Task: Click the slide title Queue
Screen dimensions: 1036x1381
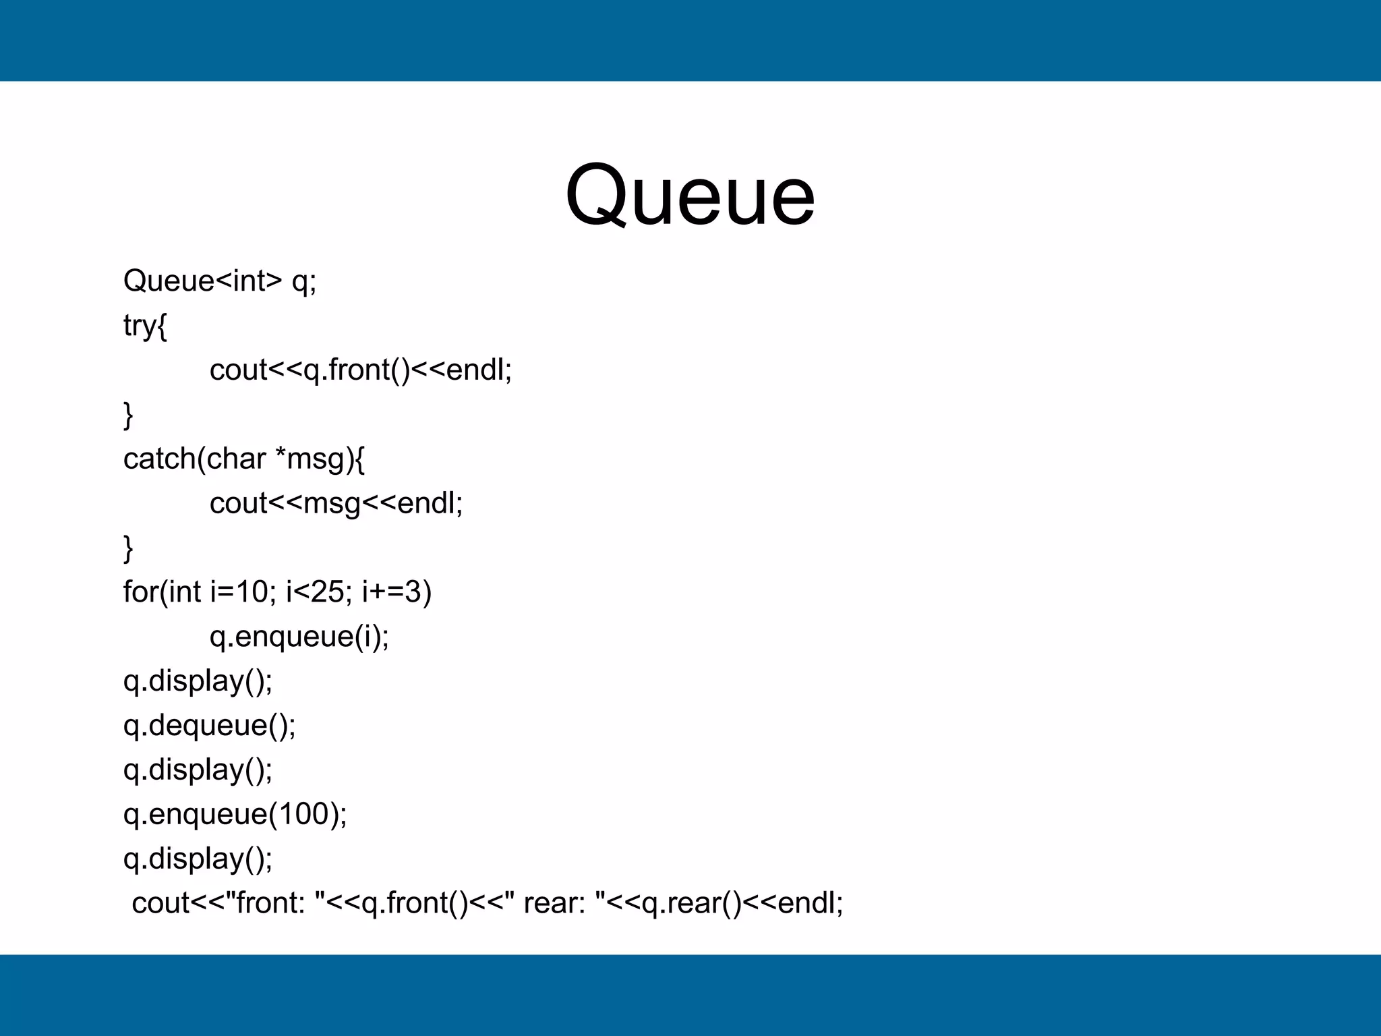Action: pos(690,196)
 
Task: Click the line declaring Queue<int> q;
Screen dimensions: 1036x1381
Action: pos(220,281)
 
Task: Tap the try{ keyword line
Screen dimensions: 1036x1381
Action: pos(145,325)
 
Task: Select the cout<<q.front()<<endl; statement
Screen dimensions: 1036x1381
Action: pos(361,370)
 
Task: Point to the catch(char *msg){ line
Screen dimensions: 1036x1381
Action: pos(244,459)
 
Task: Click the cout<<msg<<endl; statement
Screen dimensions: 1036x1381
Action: pos(336,503)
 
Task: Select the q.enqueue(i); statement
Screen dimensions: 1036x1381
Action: pos(299,636)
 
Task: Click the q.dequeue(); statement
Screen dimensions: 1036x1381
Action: pos(210,725)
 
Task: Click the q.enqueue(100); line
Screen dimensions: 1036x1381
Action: pos(235,814)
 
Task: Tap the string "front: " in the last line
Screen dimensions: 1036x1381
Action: pos(279,902)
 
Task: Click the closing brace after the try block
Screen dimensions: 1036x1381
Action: pos(128,414)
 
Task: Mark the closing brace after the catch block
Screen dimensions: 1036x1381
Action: pos(128,548)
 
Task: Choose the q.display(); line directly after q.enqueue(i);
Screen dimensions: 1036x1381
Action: pos(198,681)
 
